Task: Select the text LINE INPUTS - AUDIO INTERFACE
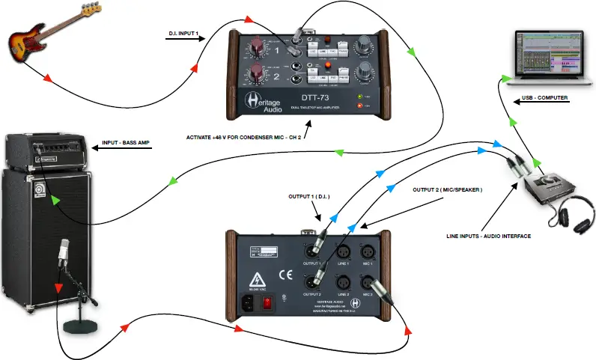[x=487, y=236]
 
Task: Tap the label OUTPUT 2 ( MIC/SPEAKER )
[x=448, y=190]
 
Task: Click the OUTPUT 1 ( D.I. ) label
[x=309, y=197]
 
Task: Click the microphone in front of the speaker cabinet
[x=64, y=252]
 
